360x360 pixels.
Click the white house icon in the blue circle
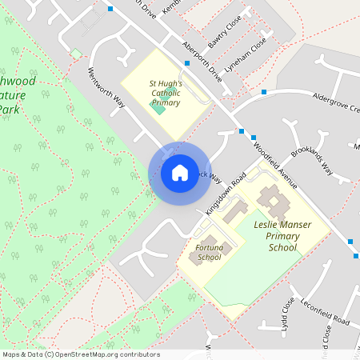[x=179, y=172]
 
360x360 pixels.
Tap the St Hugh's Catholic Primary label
[x=166, y=93]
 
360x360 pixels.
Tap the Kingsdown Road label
[x=224, y=194]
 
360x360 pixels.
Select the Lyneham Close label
[x=245, y=59]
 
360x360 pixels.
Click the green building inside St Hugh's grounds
[x=159, y=108]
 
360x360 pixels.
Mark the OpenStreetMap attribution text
[x=81, y=354]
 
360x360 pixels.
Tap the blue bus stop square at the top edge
[x=110, y=9]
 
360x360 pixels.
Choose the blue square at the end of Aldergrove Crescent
[x=263, y=93]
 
